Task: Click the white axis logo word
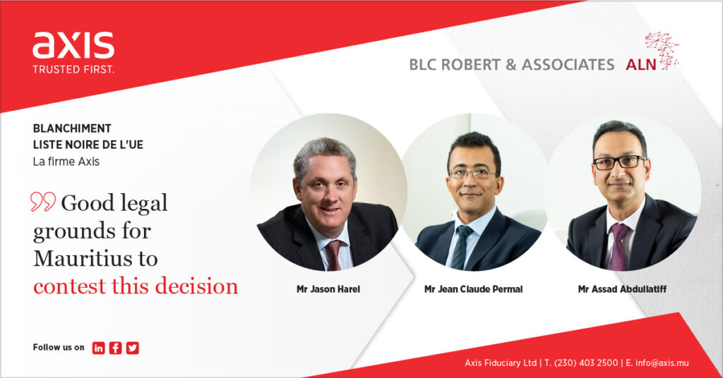pos(73,45)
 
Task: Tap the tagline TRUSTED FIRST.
pos(73,70)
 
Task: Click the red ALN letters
pos(641,65)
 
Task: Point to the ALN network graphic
pos(662,51)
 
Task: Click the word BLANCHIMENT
pos(72,128)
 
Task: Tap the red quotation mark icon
pos(43,202)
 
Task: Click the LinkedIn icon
pos(98,348)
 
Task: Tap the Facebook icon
pos(115,348)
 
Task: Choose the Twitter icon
pos(132,348)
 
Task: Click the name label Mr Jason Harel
pos(328,289)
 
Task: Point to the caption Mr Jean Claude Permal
pos(474,289)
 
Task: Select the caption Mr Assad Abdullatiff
pos(622,289)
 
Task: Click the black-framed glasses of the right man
pos(619,162)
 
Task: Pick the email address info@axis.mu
pos(662,362)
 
